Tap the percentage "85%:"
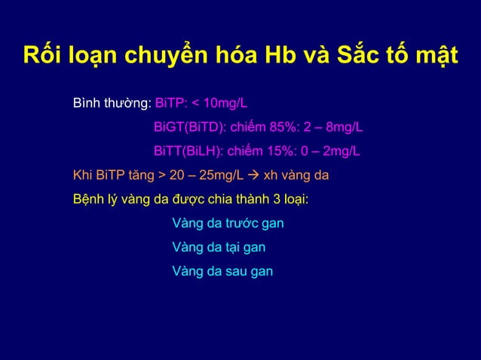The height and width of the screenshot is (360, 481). (x=286, y=127)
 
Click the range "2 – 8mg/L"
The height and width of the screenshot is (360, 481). (x=336, y=127)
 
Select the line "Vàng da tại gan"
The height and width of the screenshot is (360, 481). (x=218, y=247)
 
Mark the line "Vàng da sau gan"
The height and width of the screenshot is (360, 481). (x=222, y=270)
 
